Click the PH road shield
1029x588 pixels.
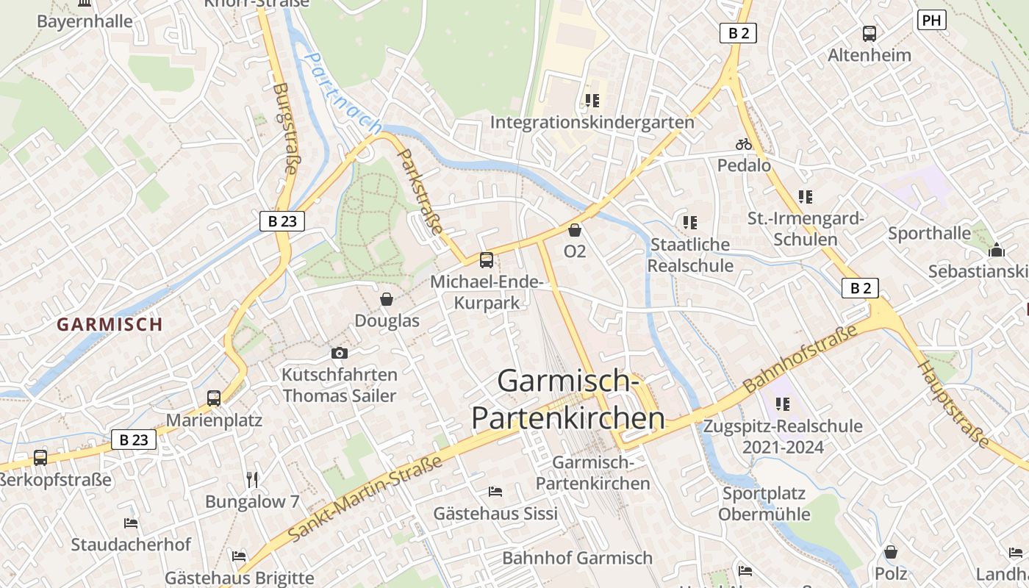931,20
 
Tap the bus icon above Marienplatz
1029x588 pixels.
214,398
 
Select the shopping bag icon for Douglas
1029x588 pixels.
387,299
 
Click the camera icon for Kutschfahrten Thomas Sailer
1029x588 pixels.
339,353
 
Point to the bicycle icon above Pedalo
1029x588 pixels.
744,144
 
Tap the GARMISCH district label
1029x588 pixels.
110,324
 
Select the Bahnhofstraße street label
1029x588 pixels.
800,358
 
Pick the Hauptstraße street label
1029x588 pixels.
954,404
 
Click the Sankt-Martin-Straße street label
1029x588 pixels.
365,498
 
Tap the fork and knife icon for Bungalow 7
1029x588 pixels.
252,480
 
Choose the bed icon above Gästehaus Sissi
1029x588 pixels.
495,491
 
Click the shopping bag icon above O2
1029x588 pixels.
575,230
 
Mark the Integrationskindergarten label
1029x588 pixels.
592,122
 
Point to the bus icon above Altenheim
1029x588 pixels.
869,33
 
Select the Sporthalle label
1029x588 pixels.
929,234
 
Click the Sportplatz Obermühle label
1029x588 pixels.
764,503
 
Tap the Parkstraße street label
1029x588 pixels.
420,189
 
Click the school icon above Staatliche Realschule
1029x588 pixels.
689,222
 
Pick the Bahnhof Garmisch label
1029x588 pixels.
577,558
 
